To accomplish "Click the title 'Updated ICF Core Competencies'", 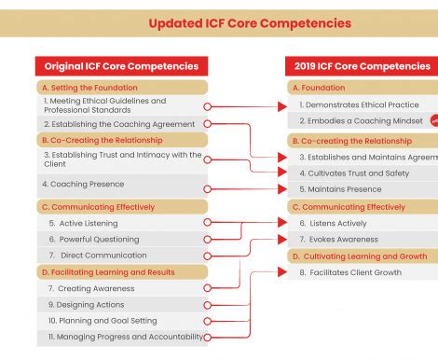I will pyautogui.click(x=250, y=22).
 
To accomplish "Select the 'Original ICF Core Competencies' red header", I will pyautogui.click(x=121, y=66).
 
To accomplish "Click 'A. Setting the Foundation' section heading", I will pyautogui.click(x=90, y=87).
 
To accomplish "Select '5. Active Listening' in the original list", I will pyautogui.click(x=83, y=224).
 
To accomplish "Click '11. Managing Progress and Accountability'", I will pyautogui.click(x=125, y=337).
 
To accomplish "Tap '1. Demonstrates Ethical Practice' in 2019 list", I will pyautogui.click(x=359, y=105).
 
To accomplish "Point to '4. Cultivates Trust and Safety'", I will pyautogui.click(x=353, y=173).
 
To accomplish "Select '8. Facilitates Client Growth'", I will pyautogui.click(x=349, y=272).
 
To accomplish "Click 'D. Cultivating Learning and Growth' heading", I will pyautogui.click(x=359, y=256).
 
